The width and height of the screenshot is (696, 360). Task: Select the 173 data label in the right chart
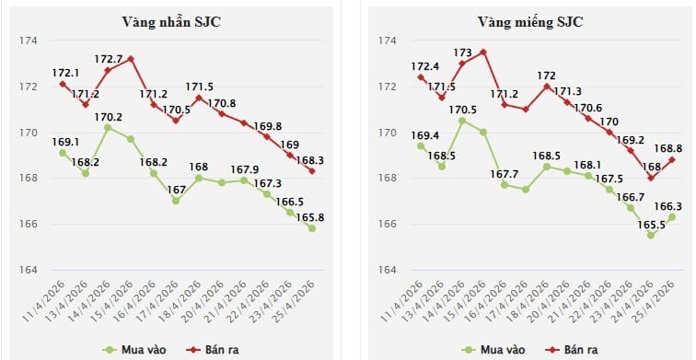tap(462, 52)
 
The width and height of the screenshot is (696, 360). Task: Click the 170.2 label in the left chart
tap(110, 117)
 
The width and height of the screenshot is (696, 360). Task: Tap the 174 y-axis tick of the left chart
tap(28, 41)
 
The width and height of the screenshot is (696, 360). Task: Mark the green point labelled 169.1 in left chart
tap(63, 153)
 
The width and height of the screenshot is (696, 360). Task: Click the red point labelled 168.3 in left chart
tap(312, 171)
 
